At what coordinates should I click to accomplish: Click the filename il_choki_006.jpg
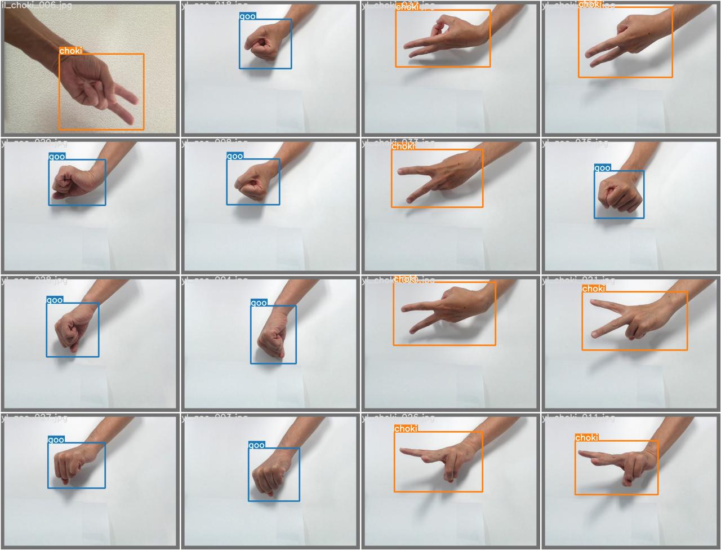(37, 5)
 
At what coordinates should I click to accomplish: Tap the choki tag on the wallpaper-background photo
(70, 51)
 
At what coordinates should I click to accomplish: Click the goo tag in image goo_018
(247, 16)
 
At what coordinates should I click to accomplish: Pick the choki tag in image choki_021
(594, 289)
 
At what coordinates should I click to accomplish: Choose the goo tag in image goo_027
(56, 440)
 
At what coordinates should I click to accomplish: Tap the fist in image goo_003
(270, 476)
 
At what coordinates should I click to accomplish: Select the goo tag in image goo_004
(259, 303)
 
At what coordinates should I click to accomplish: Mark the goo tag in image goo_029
(57, 157)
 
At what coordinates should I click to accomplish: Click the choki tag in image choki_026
(406, 429)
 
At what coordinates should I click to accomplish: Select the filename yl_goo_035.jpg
(575, 143)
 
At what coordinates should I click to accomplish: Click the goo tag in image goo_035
(602, 168)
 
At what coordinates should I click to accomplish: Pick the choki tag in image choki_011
(586, 437)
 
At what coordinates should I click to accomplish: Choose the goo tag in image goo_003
(256, 445)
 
